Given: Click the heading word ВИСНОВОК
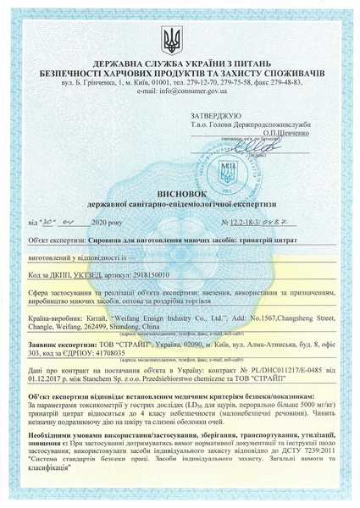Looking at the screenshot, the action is (x=179, y=192).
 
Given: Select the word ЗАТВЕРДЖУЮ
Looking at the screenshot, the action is (x=217, y=113).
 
